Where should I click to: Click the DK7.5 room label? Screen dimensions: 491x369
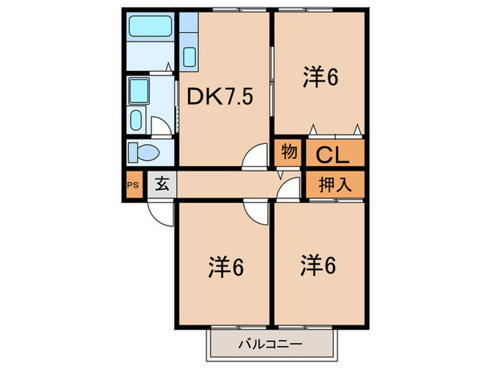click(x=220, y=96)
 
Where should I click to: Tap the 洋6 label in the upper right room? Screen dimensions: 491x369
click(x=321, y=77)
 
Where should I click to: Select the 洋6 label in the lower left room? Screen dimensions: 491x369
click(x=226, y=267)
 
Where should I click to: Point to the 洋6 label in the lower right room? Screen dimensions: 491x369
click(x=318, y=265)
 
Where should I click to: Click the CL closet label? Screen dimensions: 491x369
click(x=332, y=155)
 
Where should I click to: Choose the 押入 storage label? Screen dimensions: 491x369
click(x=335, y=184)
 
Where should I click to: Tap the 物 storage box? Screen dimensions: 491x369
click(x=288, y=153)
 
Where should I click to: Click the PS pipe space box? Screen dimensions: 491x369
click(x=133, y=185)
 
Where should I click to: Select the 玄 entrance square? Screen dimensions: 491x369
click(x=162, y=184)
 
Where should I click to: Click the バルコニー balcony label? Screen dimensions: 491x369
click(x=271, y=344)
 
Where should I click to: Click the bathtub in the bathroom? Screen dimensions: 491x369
click(x=151, y=26)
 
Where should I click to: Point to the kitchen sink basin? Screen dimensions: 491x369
click(x=189, y=57)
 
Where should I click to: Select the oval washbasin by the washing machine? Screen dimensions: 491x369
click(x=136, y=120)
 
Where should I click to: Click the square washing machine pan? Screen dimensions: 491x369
click(x=139, y=91)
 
